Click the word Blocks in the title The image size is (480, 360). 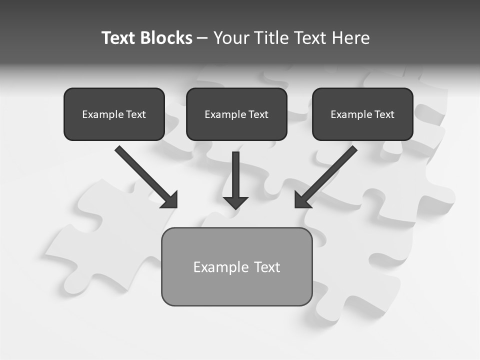[166, 38]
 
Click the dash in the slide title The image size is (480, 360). [202, 38]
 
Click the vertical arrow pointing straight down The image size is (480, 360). [235, 175]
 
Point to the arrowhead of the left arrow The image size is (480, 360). [170, 200]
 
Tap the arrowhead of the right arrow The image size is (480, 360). [302, 200]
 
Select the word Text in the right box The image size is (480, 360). [384, 114]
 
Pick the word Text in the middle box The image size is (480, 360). [258, 114]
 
